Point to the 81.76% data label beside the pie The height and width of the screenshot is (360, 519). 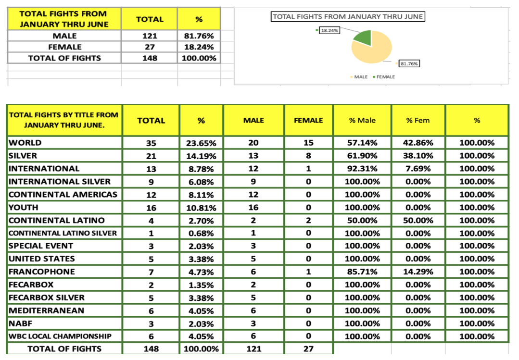coord(410,63)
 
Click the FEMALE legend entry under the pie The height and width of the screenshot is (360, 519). coord(385,77)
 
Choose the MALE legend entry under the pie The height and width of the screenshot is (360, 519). coord(360,77)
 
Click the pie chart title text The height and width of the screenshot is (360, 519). coord(348,17)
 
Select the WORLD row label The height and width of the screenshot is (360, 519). coord(25,143)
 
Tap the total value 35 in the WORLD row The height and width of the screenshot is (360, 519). coord(151,143)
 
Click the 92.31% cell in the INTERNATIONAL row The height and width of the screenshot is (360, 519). coord(363,169)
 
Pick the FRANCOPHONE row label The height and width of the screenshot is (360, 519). coord(41,272)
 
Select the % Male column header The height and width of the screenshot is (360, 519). coord(363,120)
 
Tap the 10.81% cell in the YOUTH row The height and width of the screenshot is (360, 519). coord(201,208)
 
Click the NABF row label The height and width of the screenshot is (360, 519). coord(21,323)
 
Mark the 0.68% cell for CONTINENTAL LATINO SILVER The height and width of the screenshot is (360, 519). coord(201,233)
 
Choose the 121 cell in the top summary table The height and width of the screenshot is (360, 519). coord(150,36)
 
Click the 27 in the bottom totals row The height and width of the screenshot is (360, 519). coord(308,349)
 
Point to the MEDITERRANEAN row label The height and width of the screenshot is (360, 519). coord(46,310)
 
